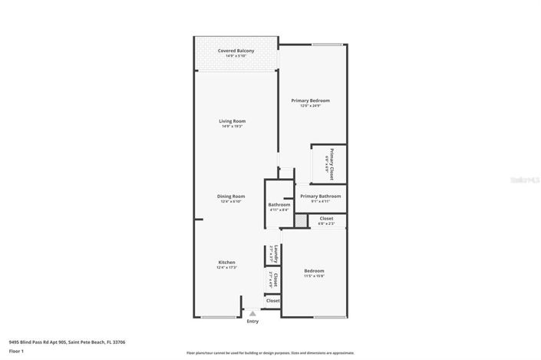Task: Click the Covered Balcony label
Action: pos(236,51)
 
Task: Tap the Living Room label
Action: pos(233,121)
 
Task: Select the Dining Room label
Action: pos(230,197)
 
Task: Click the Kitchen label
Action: pos(226,263)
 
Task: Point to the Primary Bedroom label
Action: pos(310,101)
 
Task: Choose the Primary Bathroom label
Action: pos(320,197)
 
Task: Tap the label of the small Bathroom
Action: pos(279,205)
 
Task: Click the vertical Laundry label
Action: pos(273,252)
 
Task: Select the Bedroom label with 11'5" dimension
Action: pos(314,271)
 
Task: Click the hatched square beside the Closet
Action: pos(302,221)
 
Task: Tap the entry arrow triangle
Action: pos(252,313)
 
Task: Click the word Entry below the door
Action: pos(252,322)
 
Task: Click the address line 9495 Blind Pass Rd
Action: pos(67,342)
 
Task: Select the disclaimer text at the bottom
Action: pos(270,353)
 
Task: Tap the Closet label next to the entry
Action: pos(272,301)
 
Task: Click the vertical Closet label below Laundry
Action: pos(273,279)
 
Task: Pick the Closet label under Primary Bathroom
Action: pos(326,219)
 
